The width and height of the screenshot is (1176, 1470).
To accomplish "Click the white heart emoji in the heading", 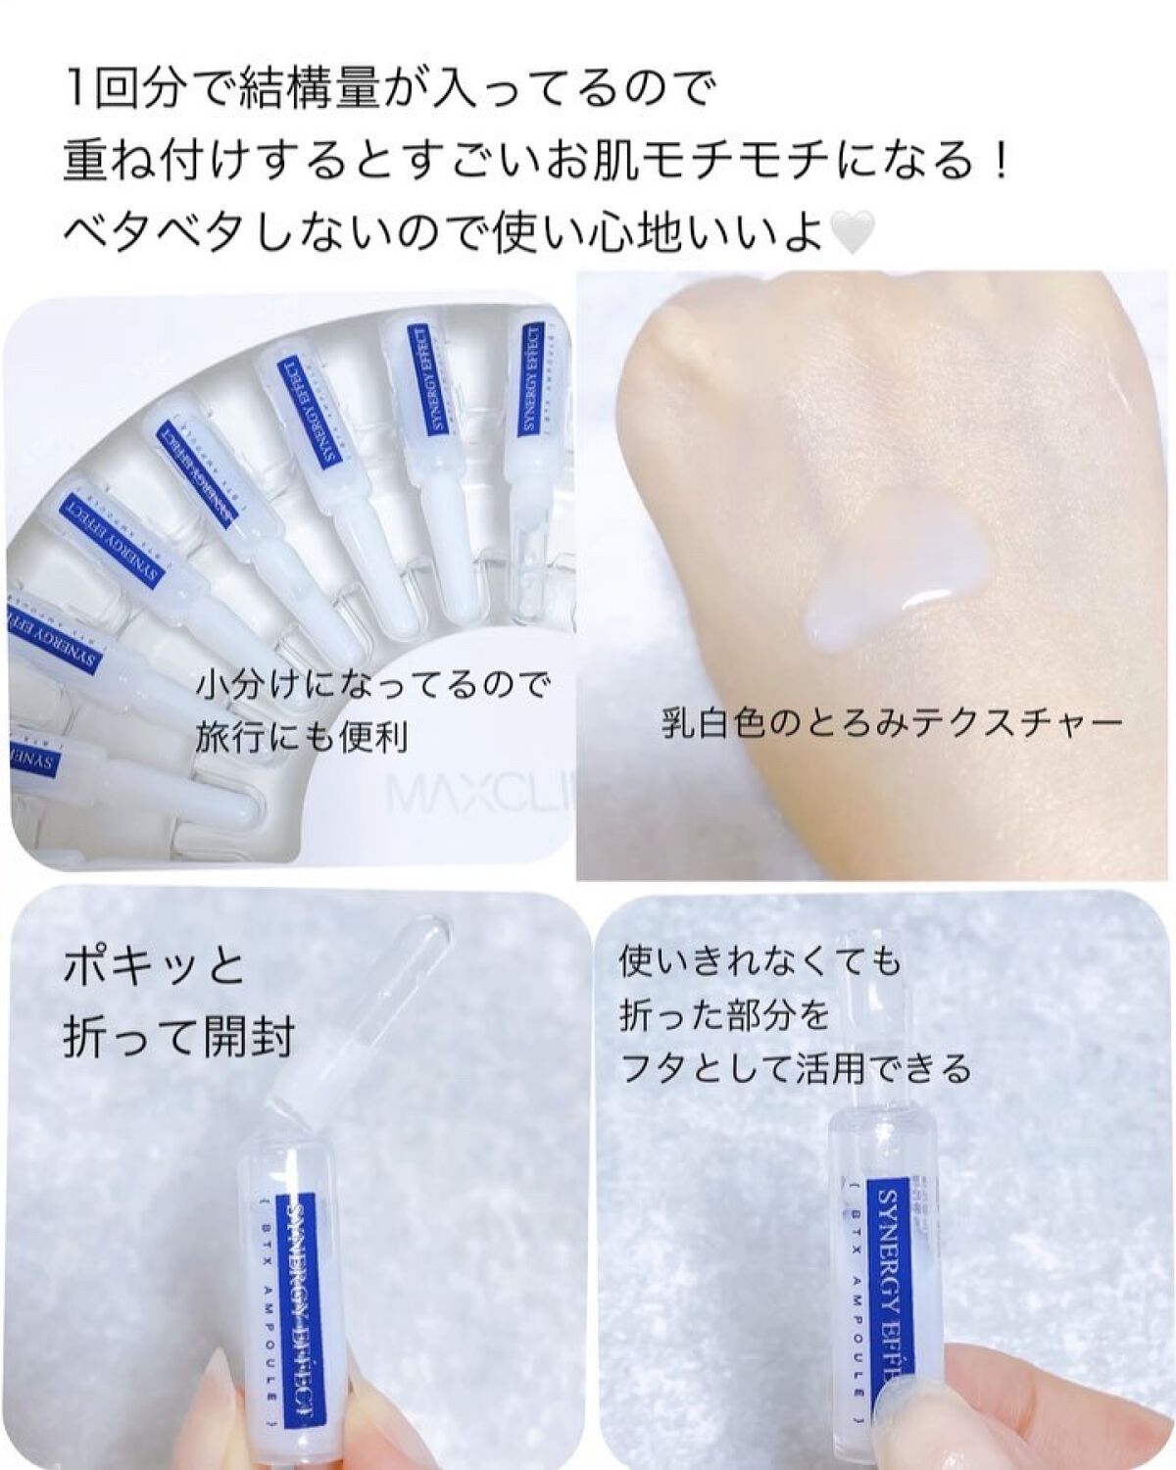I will coord(850,233).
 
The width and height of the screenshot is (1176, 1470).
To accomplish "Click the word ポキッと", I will coord(154,968).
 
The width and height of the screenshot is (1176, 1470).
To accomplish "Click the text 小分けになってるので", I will coord(373,685).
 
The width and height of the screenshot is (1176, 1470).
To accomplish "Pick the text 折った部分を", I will coord(723,1015).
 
